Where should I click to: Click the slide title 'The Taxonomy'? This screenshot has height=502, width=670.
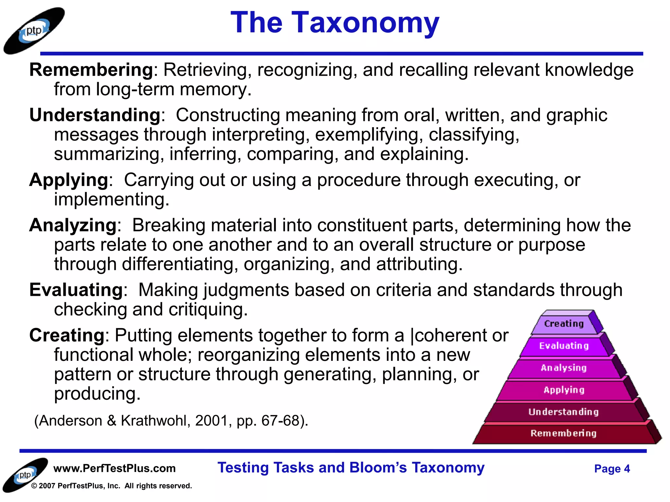pos(335,23)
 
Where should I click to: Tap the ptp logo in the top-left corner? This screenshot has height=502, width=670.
pos(34,31)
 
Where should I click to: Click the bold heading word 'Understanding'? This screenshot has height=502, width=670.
pos(95,115)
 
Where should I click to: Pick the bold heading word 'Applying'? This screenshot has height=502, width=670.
pos(69,180)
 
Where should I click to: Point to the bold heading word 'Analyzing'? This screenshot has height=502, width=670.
pos(73,225)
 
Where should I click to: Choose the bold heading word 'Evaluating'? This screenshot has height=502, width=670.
pos(76,290)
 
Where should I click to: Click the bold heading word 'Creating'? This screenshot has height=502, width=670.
pos(67,335)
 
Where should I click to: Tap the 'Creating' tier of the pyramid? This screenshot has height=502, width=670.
pos(564,324)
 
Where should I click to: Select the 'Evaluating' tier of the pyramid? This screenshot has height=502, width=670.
pos(564,346)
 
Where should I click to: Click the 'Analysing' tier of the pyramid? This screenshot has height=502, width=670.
pos(564,368)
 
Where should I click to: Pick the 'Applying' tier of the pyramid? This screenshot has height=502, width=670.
pos(564,390)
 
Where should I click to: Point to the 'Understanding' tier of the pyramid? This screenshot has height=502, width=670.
pos(563,412)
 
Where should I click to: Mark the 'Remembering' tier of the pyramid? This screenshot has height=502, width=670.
pos(563,433)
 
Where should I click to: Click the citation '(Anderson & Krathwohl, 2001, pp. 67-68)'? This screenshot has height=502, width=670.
pos(171,421)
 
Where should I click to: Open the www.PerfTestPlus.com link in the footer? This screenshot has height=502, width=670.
pos(115,468)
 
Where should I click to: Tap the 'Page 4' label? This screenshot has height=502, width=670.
pos(612,469)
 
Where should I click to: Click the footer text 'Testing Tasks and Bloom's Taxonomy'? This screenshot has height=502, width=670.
pos(351,468)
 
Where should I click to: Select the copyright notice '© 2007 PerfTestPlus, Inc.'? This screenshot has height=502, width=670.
pos(111,486)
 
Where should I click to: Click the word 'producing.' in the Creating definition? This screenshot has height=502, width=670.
pos(97,394)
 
